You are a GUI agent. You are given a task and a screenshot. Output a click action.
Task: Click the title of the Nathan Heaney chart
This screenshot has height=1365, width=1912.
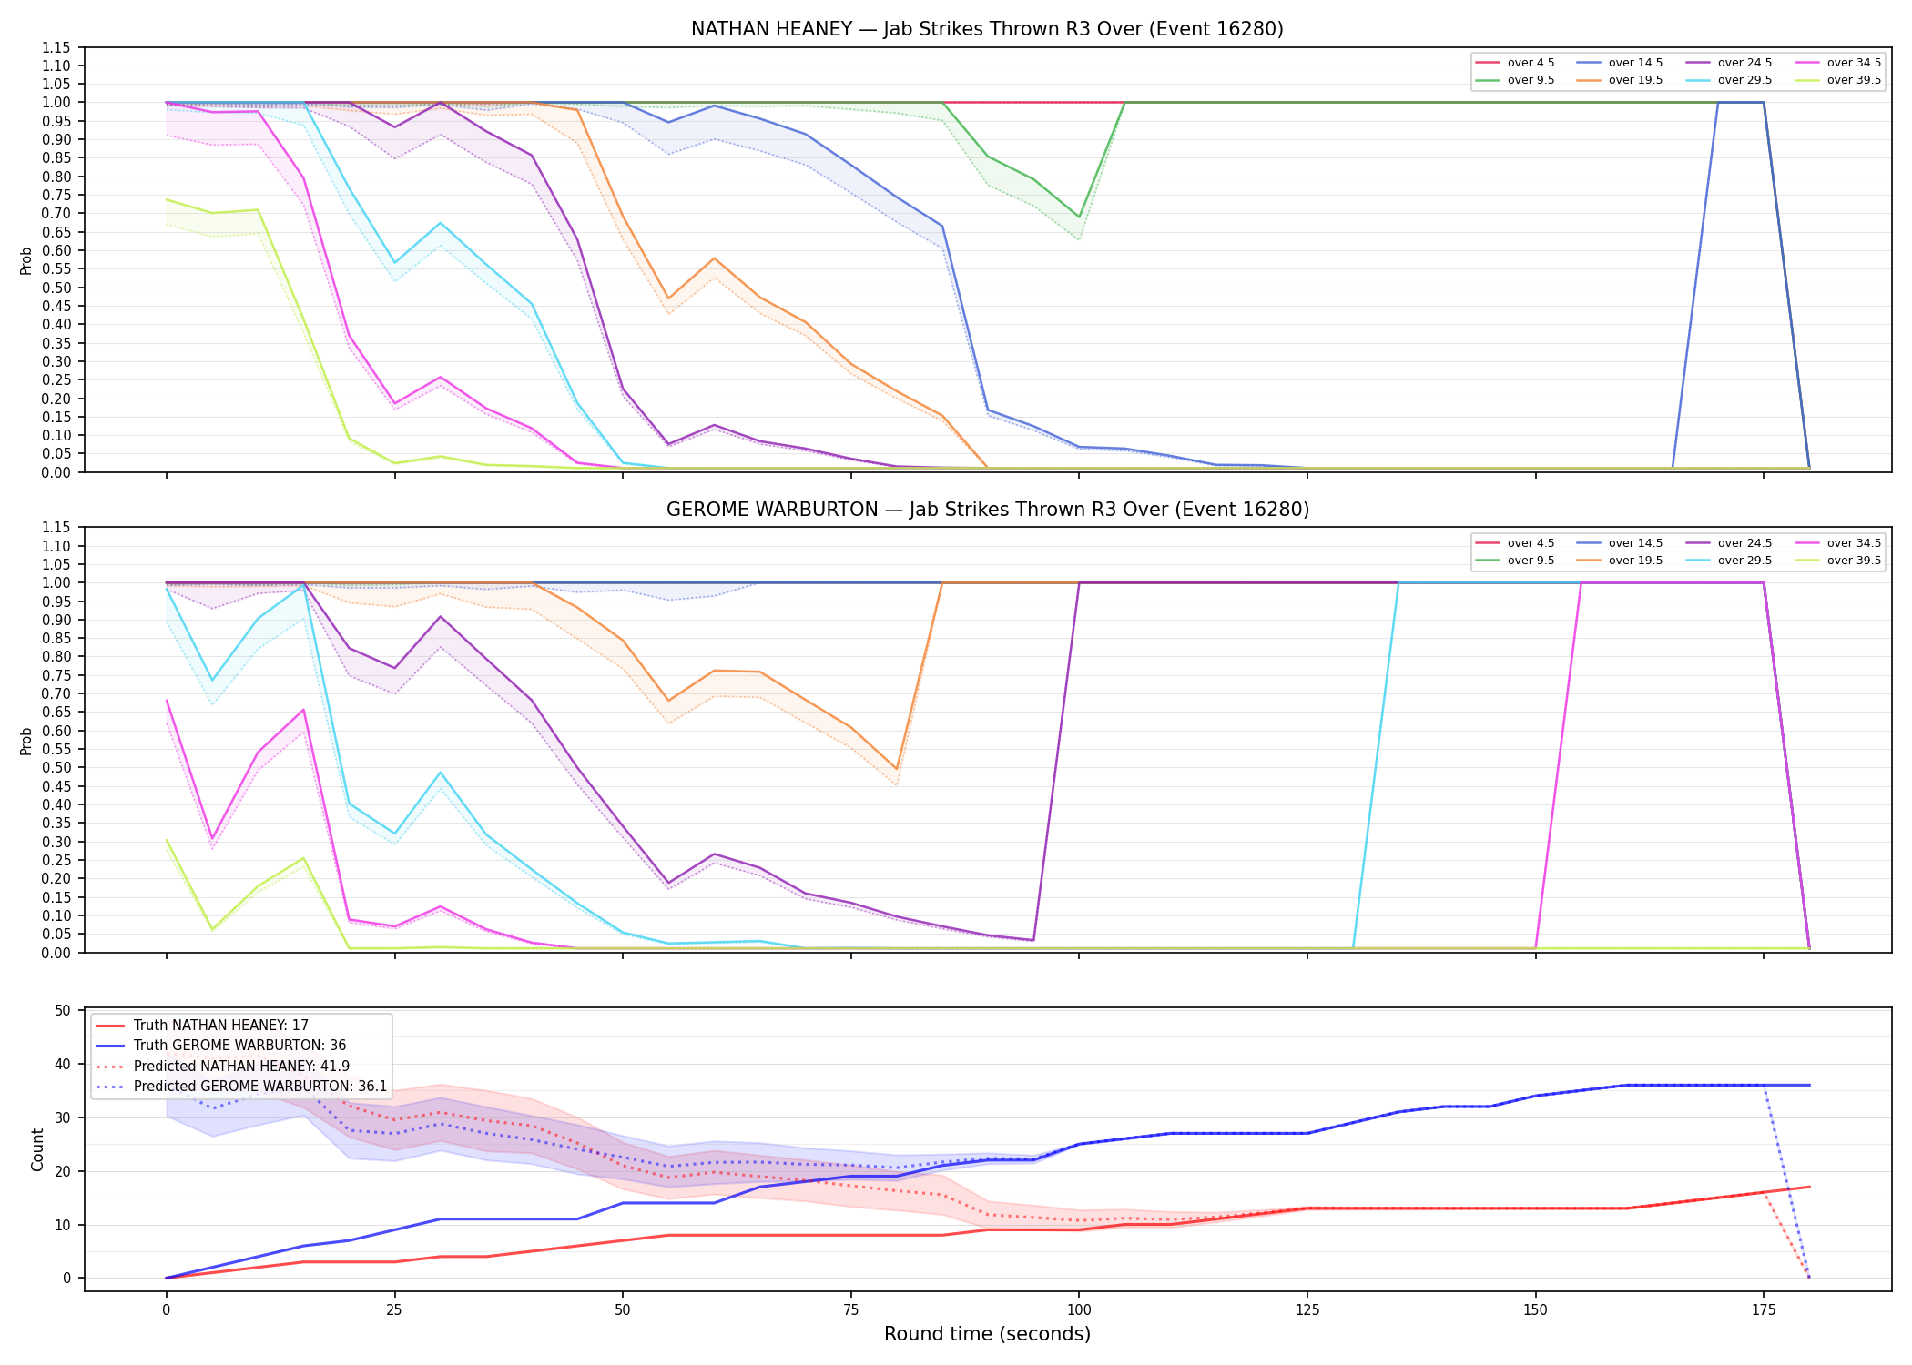[x=987, y=29]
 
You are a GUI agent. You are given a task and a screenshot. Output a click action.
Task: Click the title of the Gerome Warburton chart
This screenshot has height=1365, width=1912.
[x=987, y=510]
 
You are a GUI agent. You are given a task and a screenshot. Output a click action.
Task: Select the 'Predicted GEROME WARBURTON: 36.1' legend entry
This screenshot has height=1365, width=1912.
[x=241, y=1087]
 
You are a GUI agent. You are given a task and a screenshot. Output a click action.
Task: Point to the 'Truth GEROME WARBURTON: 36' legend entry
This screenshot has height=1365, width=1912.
[x=221, y=1046]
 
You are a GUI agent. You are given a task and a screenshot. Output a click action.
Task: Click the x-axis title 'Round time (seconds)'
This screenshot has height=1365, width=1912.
[x=987, y=1334]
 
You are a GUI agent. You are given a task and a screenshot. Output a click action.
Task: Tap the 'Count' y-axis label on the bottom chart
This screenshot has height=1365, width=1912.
[x=37, y=1149]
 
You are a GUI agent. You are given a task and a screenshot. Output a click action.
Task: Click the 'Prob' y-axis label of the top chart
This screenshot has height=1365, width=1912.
[x=26, y=260]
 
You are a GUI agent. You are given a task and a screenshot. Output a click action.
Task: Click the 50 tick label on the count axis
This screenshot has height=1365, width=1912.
[x=63, y=1010]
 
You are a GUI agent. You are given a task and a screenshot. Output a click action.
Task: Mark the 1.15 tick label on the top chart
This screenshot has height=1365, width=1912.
[x=56, y=47]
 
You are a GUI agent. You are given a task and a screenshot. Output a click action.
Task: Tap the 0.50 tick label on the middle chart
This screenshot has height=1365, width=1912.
[x=56, y=768]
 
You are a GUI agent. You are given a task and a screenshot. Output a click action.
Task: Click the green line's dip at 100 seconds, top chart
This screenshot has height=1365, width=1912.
[x=1079, y=217]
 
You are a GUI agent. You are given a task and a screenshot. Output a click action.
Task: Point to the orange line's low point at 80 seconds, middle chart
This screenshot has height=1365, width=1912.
[x=897, y=769]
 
